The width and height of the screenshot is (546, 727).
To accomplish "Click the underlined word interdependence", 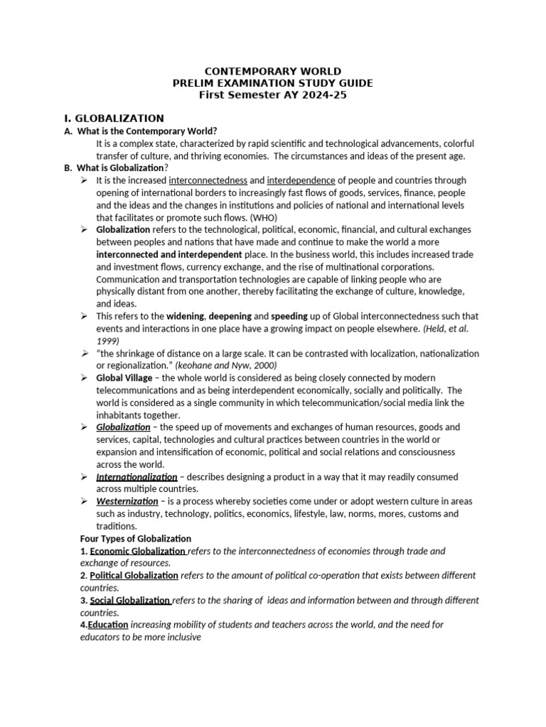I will coord(301,180).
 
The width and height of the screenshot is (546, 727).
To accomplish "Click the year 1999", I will coord(107,340).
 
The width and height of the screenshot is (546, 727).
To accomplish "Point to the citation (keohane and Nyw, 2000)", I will coord(228,366).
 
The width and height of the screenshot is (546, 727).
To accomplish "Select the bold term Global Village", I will coord(124,378).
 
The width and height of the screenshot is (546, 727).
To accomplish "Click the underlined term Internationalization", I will coord(136,476).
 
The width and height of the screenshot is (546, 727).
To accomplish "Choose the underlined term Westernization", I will coord(127,501).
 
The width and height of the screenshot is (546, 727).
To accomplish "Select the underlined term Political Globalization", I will coord(134,575).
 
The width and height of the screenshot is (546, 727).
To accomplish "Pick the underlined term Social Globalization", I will coord(130,600).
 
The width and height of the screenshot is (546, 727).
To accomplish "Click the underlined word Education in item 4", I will coord(108,625).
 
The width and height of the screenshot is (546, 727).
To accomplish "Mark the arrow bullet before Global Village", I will coord(84,378).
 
